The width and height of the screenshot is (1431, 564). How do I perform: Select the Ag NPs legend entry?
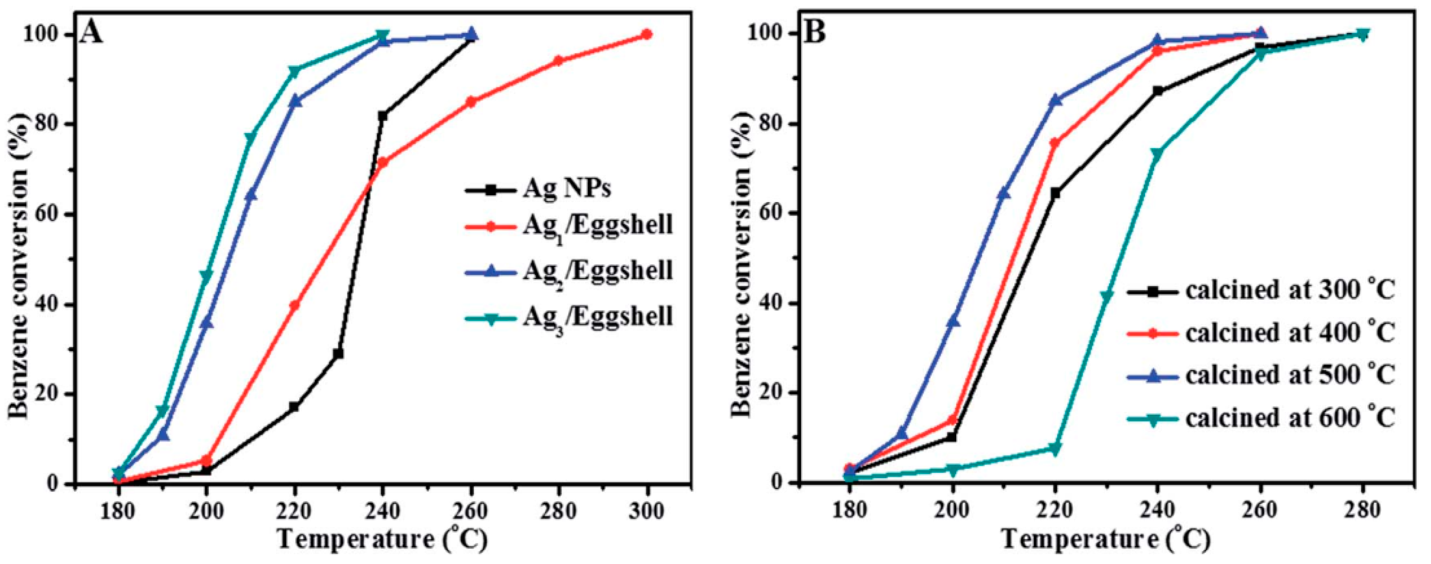pos(566,189)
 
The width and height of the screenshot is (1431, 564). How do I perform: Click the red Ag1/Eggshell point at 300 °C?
pos(647,35)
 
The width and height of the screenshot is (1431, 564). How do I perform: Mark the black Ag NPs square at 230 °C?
pos(338,354)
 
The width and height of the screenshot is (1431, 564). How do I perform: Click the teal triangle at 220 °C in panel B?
pos(1055,449)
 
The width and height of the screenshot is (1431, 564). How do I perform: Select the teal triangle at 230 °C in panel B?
pos(1106,296)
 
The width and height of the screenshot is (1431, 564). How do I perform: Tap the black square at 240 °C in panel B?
pos(1158,90)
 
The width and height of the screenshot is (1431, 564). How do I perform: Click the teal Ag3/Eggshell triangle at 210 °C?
pos(250,137)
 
